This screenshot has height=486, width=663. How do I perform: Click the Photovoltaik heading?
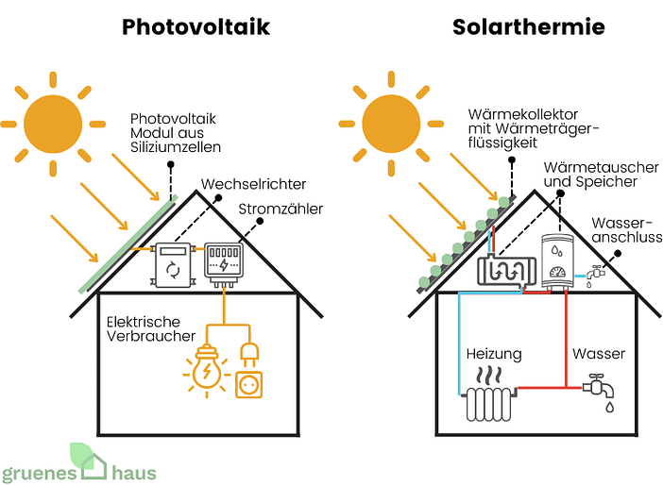coord(195,26)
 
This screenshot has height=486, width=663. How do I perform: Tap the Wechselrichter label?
coord(253,184)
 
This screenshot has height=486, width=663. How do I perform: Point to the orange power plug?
coord(247,355)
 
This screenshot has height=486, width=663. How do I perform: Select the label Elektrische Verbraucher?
coord(150,327)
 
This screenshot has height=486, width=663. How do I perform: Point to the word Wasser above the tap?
coord(599,354)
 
